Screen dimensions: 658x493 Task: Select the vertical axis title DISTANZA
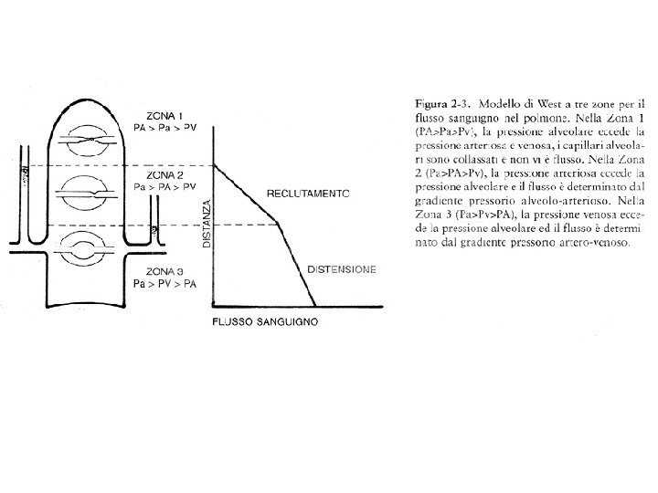(x=207, y=225)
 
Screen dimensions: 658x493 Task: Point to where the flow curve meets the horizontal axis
(x=316, y=307)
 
